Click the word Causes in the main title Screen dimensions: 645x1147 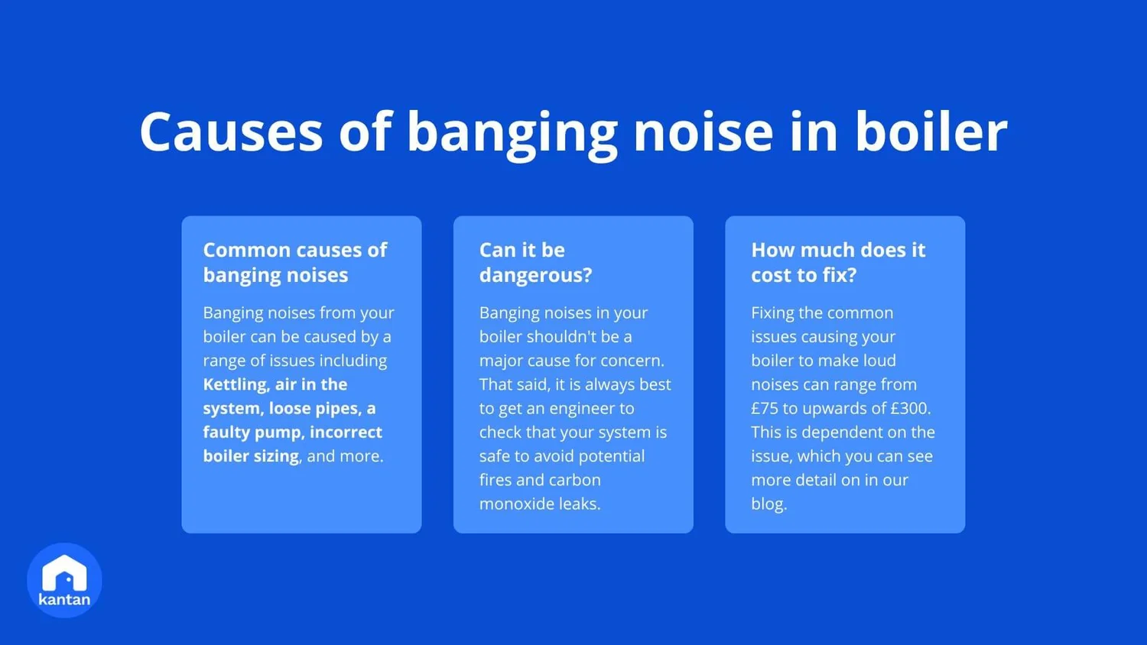(231, 131)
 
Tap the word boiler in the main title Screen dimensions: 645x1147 (931, 131)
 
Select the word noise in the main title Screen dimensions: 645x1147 (703, 131)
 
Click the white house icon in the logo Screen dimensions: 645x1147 (64, 573)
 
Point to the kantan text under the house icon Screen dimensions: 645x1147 (64, 600)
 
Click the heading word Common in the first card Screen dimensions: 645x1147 (246, 250)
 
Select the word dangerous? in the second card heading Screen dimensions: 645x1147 (535, 275)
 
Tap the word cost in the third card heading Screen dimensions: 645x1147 (772, 275)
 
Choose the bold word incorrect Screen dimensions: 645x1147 (346, 433)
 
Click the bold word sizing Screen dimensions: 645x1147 (275, 456)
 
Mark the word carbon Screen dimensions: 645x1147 (574, 480)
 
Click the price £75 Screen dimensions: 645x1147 (764, 409)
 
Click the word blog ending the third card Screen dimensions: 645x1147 (767, 504)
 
